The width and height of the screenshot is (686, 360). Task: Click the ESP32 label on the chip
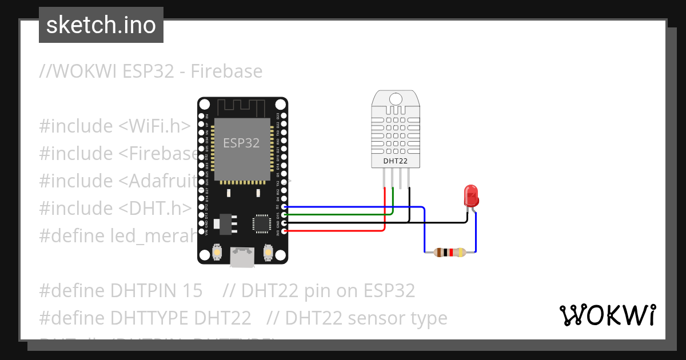241,143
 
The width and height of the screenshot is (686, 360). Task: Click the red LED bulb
472,195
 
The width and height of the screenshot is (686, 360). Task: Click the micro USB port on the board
242,257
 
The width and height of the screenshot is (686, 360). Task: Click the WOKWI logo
607,315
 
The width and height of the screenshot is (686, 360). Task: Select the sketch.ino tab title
101,25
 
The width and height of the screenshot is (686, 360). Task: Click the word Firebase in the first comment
226,71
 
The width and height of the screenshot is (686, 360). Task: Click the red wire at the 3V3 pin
285,231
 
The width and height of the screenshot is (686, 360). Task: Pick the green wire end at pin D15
285,215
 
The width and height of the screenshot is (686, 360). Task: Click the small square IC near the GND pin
262,223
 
